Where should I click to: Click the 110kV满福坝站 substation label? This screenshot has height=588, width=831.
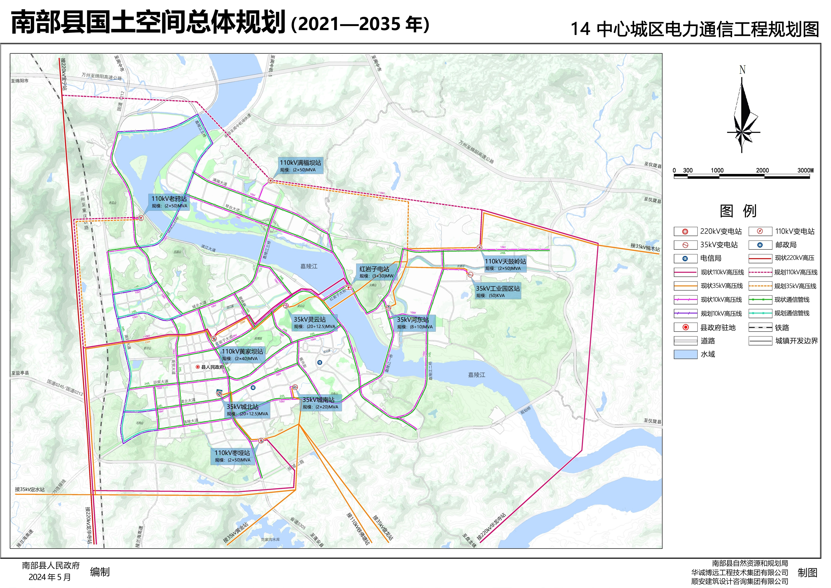click(x=300, y=166)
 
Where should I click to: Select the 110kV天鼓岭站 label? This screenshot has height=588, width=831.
click(x=505, y=264)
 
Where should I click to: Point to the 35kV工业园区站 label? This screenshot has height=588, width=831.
click(x=498, y=291)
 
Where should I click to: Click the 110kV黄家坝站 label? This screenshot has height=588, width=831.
click(x=242, y=354)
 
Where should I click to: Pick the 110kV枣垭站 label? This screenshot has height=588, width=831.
click(x=232, y=456)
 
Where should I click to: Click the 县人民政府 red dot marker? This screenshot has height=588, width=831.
click(x=198, y=367)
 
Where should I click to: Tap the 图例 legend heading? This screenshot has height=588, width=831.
click(x=738, y=211)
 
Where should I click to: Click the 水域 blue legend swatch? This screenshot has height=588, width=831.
click(x=685, y=354)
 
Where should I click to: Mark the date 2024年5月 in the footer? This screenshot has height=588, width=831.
click(x=50, y=577)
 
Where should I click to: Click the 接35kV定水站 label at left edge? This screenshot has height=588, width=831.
click(x=30, y=489)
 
